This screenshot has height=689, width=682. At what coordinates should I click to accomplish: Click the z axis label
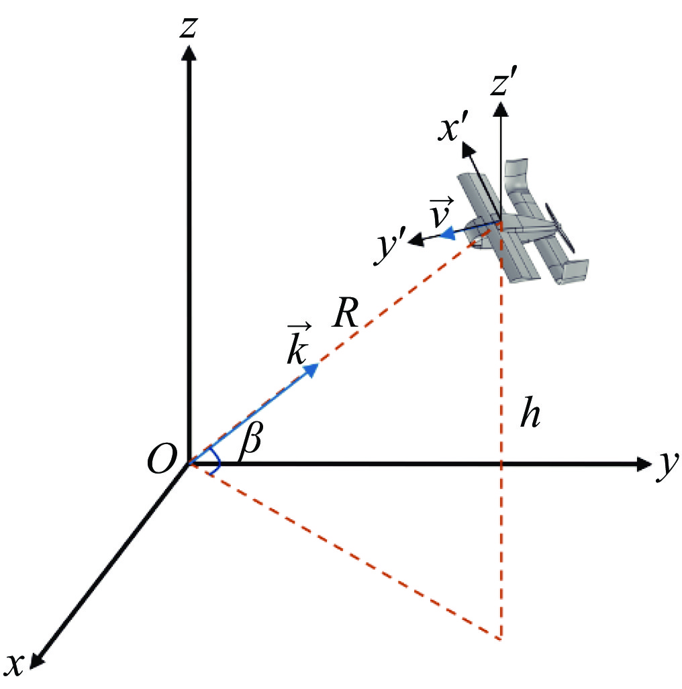[x=189, y=27]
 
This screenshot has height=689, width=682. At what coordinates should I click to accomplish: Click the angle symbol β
[x=251, y=441]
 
